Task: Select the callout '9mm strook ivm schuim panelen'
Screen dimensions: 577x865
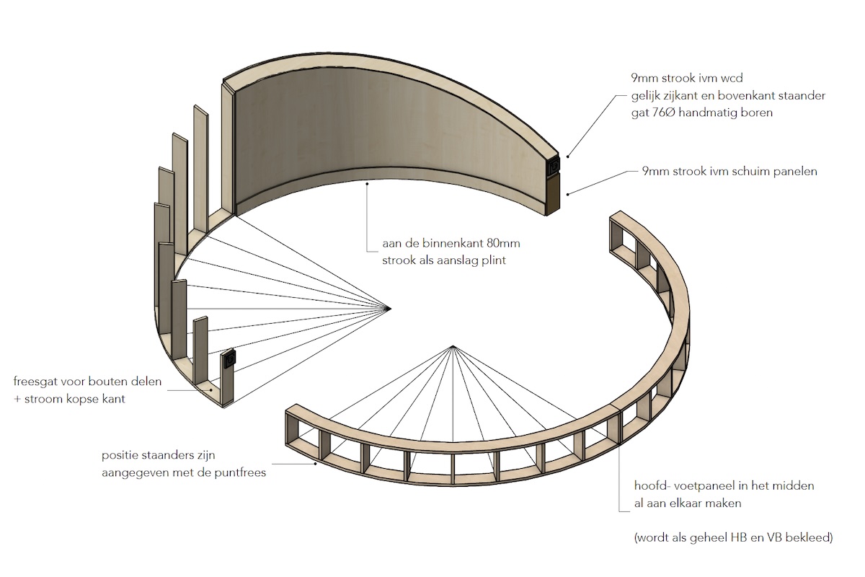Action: click(x=729, y=172)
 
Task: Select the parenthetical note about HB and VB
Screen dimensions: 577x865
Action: click(x=733, y=537)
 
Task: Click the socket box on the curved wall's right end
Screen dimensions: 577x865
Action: click(x=554, y=167)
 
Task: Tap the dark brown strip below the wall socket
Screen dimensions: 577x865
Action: click(x=554, y=195)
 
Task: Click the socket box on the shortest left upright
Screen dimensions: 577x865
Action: click(x=229, y=358)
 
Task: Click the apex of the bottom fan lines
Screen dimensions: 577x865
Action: click(x=452, y=348)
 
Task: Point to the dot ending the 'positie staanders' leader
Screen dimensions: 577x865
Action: click(x=316, y=464)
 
